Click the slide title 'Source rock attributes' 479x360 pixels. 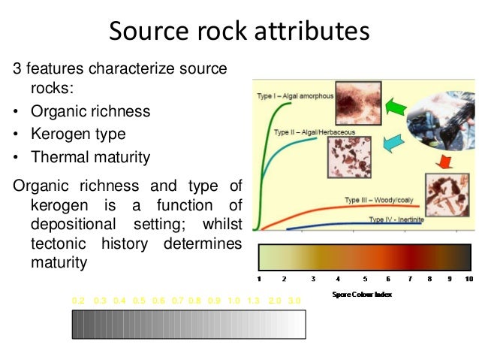239,32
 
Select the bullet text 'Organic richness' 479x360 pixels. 90,111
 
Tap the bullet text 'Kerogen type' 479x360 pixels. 77,135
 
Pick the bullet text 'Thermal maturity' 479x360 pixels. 90,158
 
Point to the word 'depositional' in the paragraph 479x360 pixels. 74,225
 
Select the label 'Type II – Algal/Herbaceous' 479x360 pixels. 314,132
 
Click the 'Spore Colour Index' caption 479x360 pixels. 362,294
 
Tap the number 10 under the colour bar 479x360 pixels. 468,279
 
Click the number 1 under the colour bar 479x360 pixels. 259,279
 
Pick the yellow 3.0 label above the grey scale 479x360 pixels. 294,301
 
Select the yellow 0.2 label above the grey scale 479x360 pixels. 78,301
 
